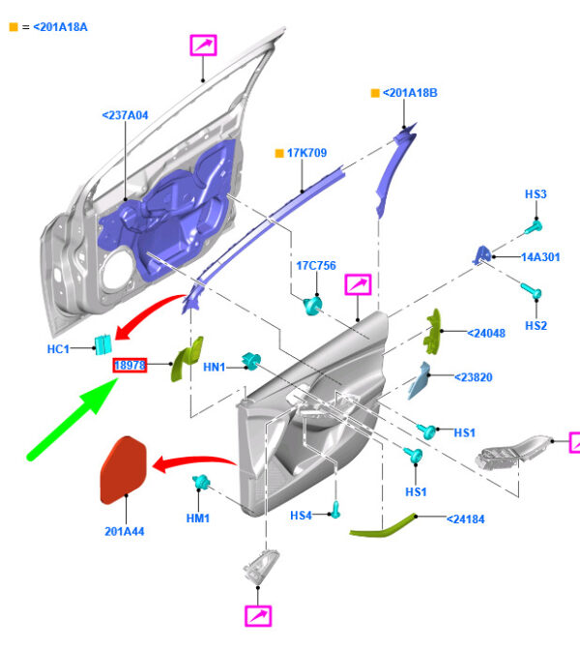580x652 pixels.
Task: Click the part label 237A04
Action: (x=125, y=116)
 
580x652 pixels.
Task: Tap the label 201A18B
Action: (x=410, y=93)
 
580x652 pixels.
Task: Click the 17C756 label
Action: (x=315, y=266)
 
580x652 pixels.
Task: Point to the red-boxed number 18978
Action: (x=130, y=366)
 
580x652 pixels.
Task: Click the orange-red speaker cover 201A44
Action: (x=127, y=470)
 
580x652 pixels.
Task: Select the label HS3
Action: (x=536, y=194)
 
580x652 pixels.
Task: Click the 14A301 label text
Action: (x=541, y=257)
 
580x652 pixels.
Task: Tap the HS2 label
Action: (x=536, y=326)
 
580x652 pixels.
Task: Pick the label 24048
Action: (x=486, y=333)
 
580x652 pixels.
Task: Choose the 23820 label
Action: (x=473, y=376)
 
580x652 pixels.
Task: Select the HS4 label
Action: (x=302, y=516)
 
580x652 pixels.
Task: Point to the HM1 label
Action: (x=197, y=519)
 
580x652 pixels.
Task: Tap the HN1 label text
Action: (x=214, y=368)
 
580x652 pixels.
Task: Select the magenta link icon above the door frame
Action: (x=203, y=44)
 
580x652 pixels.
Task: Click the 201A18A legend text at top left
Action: (x=59, y=26)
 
